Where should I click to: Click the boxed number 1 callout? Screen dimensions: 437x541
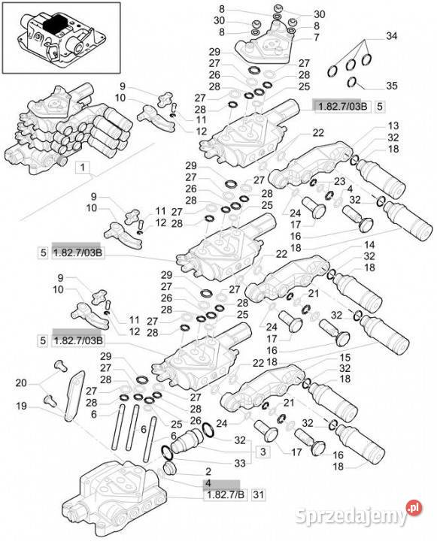coord(83,168)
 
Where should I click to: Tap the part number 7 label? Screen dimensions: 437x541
coord(317,38)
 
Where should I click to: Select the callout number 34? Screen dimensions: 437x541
coord(391,36)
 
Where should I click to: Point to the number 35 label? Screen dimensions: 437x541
coord(391,85)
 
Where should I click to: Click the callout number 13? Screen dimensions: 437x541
coord(393,125)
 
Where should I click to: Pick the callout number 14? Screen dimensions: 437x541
coord(369,245)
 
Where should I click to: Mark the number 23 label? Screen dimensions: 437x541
coord(339,181)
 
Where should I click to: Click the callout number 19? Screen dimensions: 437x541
coord(21,406)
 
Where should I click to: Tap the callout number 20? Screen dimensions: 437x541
coord(21,383)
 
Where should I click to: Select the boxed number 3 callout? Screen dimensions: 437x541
coord(263,452)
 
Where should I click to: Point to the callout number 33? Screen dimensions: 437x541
coord(240,463)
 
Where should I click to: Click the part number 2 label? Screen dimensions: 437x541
coord(208,471)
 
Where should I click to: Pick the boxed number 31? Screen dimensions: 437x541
coord(258,494)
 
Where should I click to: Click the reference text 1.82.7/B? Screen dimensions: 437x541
coord(225,494)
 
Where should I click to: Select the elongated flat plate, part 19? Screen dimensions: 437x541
coord(74,396)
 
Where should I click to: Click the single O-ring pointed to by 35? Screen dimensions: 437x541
coord(352,82)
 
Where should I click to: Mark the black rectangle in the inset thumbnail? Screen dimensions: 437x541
coord(56,24)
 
